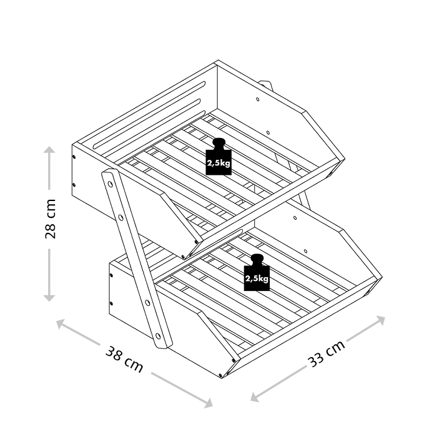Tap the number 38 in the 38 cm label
116,356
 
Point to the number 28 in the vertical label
51,228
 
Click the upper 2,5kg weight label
219,164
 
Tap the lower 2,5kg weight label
257,279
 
